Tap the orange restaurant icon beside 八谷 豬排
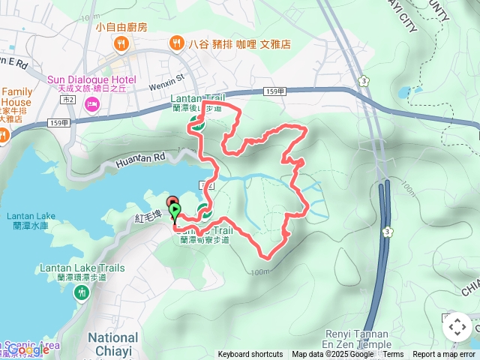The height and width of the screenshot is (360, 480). [x=177, y=43]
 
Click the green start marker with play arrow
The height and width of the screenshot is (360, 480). [x=175, y=211]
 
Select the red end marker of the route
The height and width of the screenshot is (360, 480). [x=171, y=201]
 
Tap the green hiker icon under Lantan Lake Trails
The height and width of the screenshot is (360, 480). [x=81, y=293]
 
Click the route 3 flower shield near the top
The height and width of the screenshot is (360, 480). [x=363, y=80]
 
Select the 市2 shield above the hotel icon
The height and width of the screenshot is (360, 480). [x=68, y=99]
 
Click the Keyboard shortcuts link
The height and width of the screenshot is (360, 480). [x=250, y=355]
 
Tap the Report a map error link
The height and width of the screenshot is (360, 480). [x=445, y=355]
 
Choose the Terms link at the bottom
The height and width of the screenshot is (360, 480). [x=393, y=355]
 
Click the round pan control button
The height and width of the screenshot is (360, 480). [x=457, y=327]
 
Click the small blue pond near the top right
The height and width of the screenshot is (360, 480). [x=407, y=93]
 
